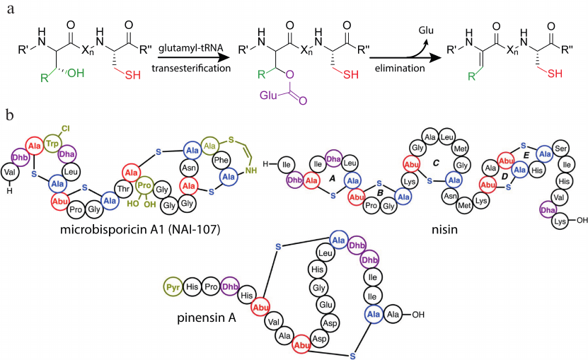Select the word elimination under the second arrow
401,69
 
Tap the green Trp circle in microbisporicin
52,143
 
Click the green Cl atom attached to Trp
64,129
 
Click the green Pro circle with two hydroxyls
145,190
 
